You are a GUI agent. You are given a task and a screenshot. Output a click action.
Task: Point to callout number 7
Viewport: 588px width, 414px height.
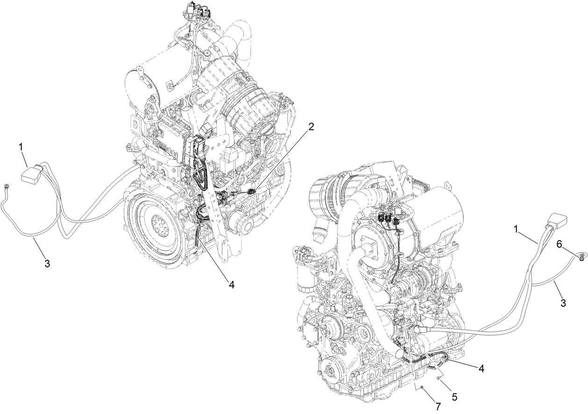click(x=437, y=407)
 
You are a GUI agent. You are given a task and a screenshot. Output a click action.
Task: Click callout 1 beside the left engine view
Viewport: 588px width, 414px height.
click(x=21, y=147)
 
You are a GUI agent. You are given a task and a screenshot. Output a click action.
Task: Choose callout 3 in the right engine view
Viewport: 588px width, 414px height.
click(x=563, y=303)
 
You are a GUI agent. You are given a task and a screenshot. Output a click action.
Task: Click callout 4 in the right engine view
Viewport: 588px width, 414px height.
click(x=481, y=368)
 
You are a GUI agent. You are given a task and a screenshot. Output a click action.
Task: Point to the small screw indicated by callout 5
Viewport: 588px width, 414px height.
click(x=437, y=378)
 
